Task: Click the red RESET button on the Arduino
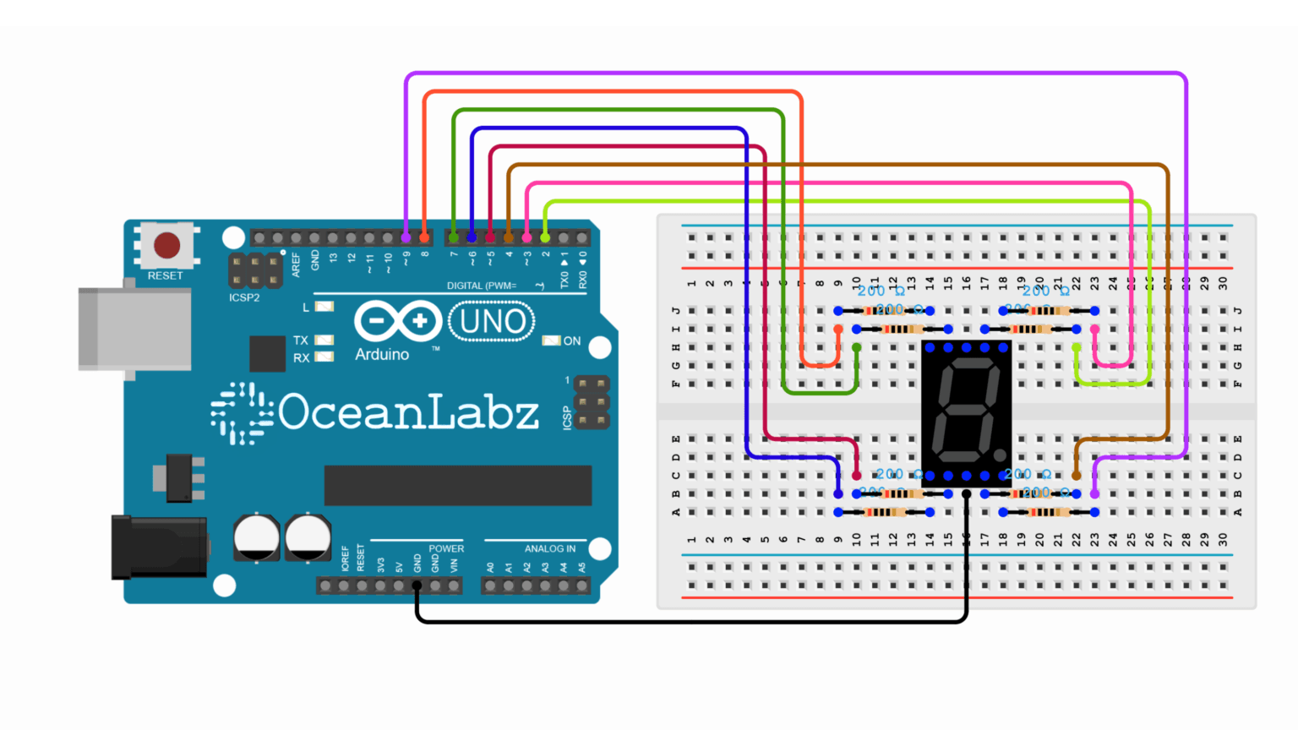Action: pos(166,246)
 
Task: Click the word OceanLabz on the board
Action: pos(408,412)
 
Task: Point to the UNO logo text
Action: pos(492,322)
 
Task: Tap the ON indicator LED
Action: pos(551,340)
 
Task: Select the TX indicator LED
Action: pos(324,340)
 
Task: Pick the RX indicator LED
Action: pos(324,357)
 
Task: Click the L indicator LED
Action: pos(324,307)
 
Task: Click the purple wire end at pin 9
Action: pos(406,237)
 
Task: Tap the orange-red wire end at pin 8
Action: pos(424,237)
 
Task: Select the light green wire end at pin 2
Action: pos(545,237)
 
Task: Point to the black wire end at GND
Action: pos(417,586)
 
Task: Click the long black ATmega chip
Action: pos(457,485)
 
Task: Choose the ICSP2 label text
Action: pos(244,297)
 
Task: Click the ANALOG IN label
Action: pos(549,548)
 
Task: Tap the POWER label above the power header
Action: pos(446,548)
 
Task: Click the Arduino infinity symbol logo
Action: pos(397,322)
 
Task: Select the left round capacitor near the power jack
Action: pos(256,537)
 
